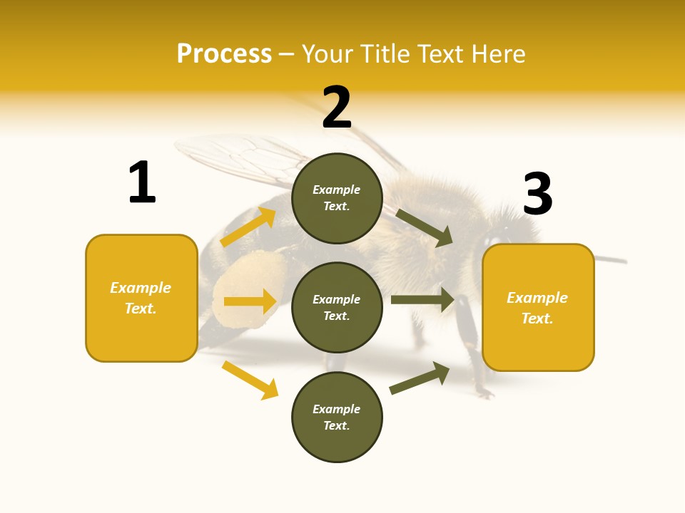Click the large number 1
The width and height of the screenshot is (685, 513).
click(142, 182)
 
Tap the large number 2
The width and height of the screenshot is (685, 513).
click(337, 108)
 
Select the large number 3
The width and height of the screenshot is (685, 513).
click(538, 194)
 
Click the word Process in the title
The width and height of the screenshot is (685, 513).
click(224, 53)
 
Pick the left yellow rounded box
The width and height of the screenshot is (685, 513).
click(141, 298)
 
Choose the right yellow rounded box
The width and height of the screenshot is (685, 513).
click(538, 307)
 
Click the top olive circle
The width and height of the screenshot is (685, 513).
click(337, 198)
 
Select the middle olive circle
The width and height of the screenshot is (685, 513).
click(337, 307)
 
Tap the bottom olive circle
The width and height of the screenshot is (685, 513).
click(337, 417)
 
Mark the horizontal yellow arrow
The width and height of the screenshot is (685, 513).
click(250, 301)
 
